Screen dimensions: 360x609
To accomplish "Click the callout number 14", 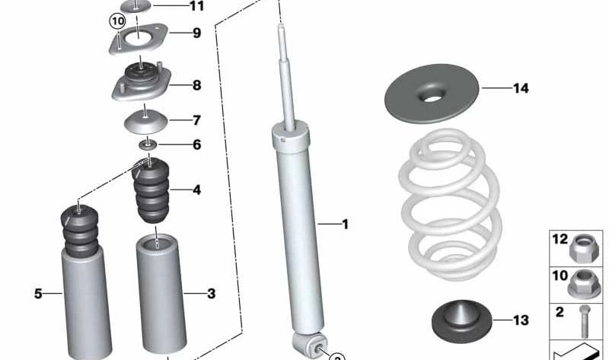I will [521, 88].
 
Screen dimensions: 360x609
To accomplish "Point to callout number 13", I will [520, 320].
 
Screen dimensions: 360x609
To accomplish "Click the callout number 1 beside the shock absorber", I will [344, 225].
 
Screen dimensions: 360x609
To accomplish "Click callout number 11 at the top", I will [197, 7].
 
